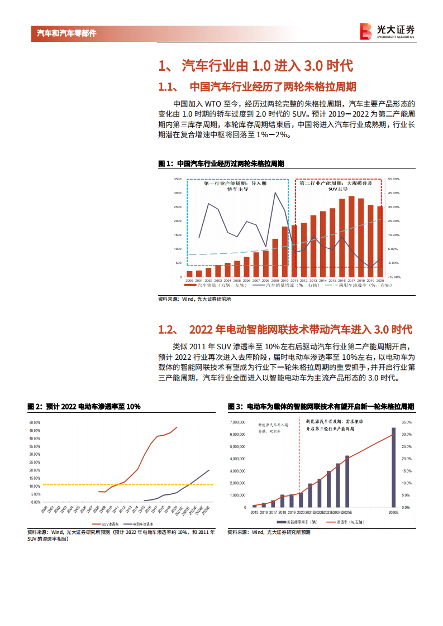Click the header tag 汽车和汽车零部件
coord(66,33)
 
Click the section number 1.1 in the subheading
coord(168,87)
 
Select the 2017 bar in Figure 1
coord(351,236)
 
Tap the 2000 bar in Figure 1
coord(189,273)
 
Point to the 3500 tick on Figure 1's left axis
coord(177,179)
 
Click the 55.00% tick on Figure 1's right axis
coord(393,179)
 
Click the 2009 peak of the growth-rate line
coord(275,193)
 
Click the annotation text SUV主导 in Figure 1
coord(338,189)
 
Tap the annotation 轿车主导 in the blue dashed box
coord(237,189)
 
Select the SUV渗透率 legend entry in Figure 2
coord(114,524)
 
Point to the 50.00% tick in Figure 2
coord(35,422)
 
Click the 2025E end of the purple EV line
coord(209,470)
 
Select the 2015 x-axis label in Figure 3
coord(255,512)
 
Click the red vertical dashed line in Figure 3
coord(301,463)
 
